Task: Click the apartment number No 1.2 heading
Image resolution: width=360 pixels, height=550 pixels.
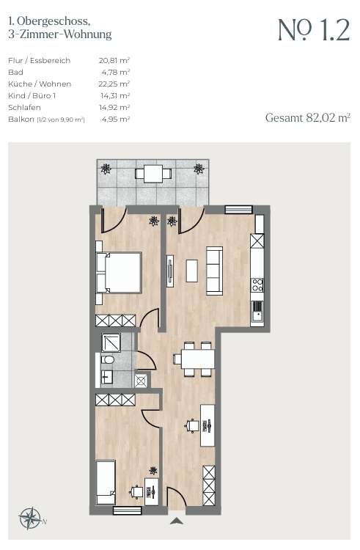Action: coord(314,31)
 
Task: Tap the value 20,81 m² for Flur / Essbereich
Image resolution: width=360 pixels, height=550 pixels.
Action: coord(114,60)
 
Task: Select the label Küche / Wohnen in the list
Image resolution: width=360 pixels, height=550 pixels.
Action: coord(40,84)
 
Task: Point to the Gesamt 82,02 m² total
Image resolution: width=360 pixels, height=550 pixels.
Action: coord(308,117)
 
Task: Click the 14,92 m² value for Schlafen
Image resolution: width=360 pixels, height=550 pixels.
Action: coord(114,107)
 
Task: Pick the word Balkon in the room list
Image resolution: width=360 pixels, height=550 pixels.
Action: coord(21,120)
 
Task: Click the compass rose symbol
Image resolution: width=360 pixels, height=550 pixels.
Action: coord(31,518)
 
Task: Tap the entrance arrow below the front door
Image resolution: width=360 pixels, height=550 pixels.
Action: coord(176,521)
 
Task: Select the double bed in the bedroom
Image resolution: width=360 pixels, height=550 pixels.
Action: coord(119,273)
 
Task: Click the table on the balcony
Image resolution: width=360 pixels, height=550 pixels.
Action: coord(153,173)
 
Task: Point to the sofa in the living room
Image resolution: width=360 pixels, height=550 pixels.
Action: coord(214,271)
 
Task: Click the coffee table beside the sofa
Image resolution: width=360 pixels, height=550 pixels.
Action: coord(192,271)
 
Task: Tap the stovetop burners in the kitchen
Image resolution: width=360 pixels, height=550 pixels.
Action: coord(257,284)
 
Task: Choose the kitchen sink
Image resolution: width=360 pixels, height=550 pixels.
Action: coord(257,312)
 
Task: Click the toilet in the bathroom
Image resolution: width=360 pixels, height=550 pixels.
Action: coord(107,360)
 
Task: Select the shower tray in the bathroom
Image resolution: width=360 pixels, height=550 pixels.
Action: coord(111,342)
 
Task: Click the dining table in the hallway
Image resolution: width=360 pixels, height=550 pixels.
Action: coord(198,359)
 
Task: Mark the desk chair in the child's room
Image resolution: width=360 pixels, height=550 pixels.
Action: coord(136,492)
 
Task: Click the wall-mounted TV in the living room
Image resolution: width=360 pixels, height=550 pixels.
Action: coord(170,271)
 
